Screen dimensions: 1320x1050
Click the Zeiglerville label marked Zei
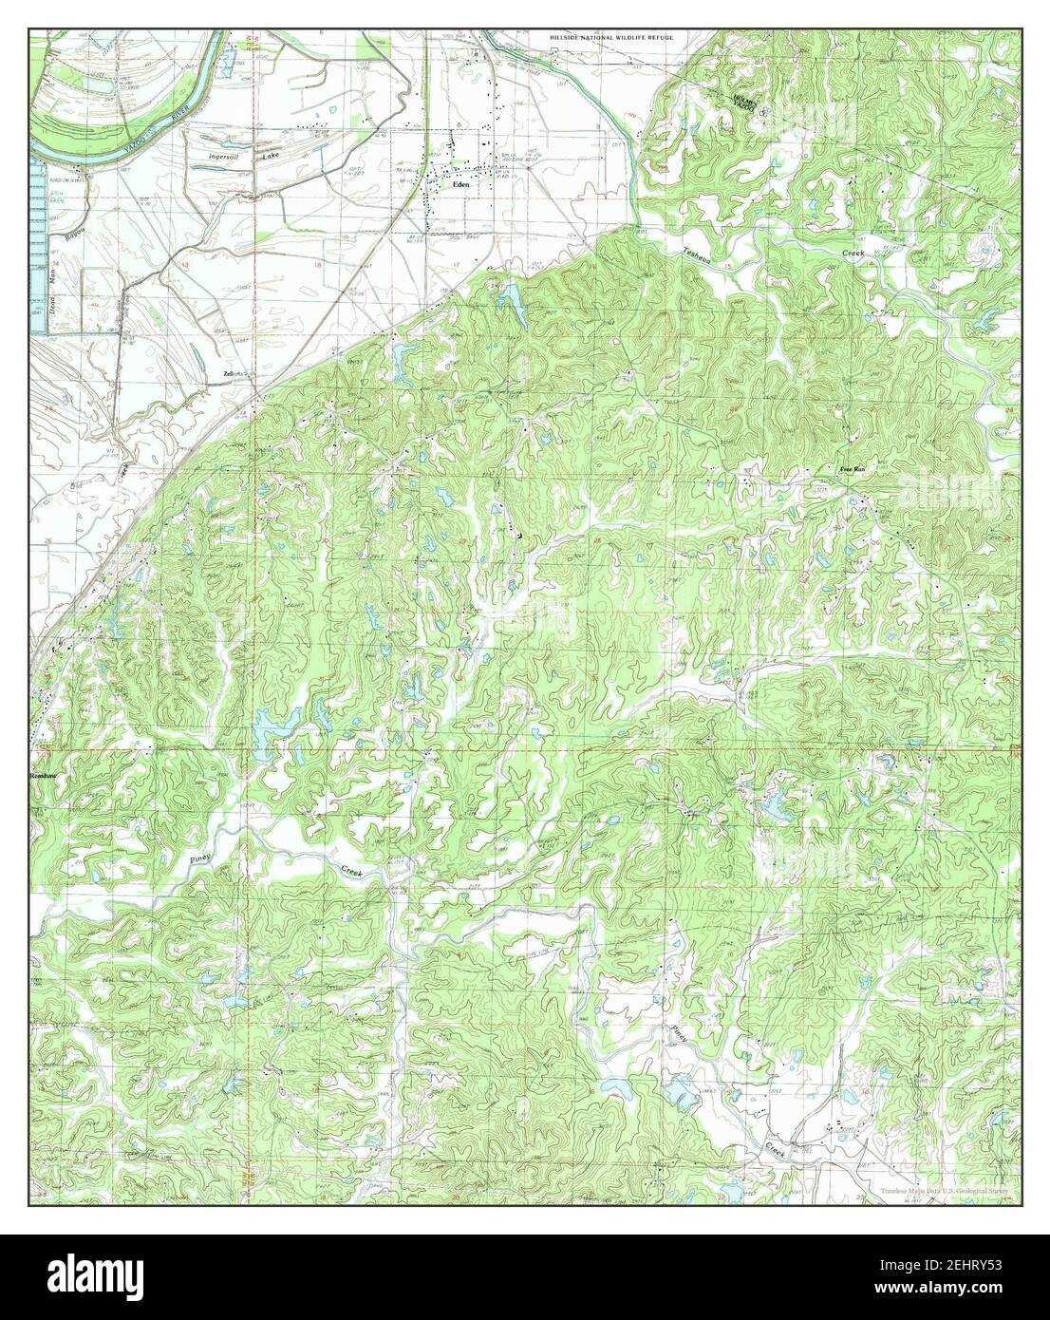(229, 373)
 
